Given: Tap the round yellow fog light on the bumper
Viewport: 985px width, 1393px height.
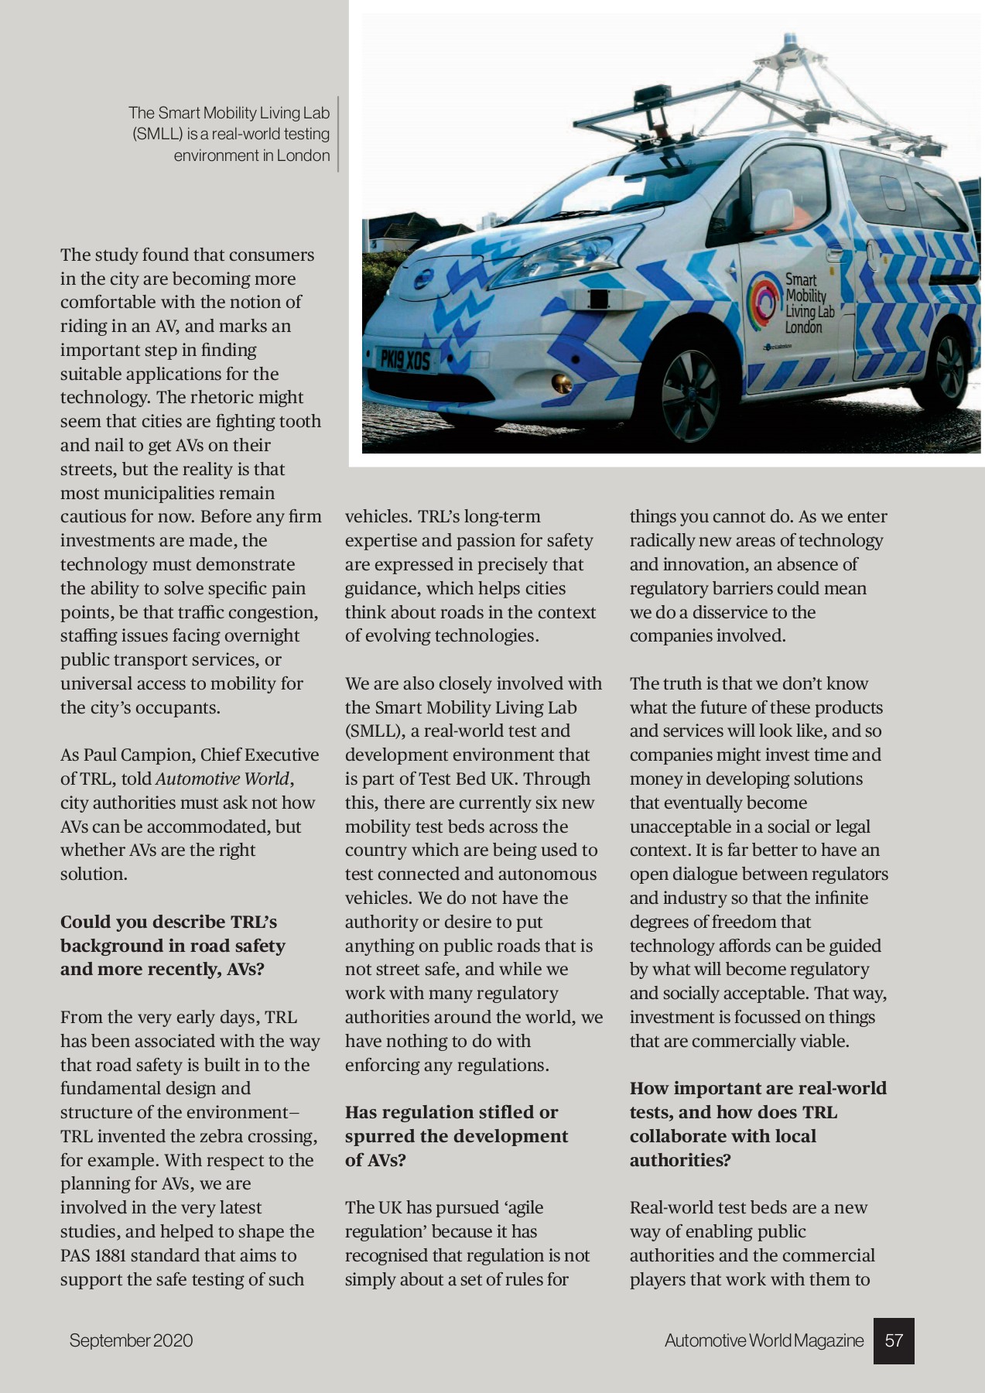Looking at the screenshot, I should (562, 382).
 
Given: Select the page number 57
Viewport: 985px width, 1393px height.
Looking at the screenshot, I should (894, 1341).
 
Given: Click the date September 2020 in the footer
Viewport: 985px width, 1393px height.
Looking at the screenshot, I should (131, 1341).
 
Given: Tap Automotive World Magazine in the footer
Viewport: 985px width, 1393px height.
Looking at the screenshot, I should (764, 1341).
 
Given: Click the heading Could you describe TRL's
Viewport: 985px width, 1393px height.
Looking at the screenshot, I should (169, 922).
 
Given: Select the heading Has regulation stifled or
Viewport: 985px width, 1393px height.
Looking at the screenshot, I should (451, 1113).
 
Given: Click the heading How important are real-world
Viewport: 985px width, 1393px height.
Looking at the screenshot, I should (758, 1089).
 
